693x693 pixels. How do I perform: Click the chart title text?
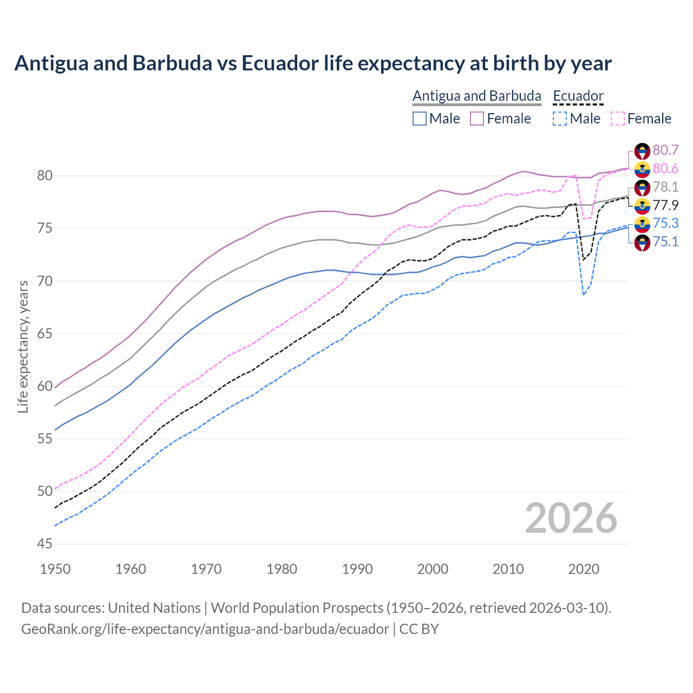point(313,63)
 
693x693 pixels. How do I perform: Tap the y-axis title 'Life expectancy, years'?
point(23,346)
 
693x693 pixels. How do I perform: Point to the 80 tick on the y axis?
point(45,176)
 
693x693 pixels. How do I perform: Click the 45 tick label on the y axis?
point(45,544)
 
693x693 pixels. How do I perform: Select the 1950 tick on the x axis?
point(55,569)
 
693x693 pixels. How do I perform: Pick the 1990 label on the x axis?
point(357,569)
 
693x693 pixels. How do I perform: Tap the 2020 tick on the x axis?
point(584,569)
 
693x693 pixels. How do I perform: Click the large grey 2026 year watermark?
point(571,518)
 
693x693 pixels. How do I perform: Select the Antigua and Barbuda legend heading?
point(476,96)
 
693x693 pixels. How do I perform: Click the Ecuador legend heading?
point(578,96)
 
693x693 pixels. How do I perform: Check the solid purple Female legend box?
point(477,119)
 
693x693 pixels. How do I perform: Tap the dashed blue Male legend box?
point(560,119)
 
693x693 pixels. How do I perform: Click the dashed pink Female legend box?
point(618,119)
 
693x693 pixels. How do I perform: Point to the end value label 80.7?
point(665,150)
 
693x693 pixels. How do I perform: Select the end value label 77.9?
point(665,205)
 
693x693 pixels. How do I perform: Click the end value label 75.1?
point(665,241)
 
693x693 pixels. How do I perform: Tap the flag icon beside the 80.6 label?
point(642,169)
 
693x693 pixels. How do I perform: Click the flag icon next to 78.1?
point(642,187)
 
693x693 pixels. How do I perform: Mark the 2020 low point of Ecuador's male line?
point(584,295)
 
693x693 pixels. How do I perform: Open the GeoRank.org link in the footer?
point(205,629)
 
